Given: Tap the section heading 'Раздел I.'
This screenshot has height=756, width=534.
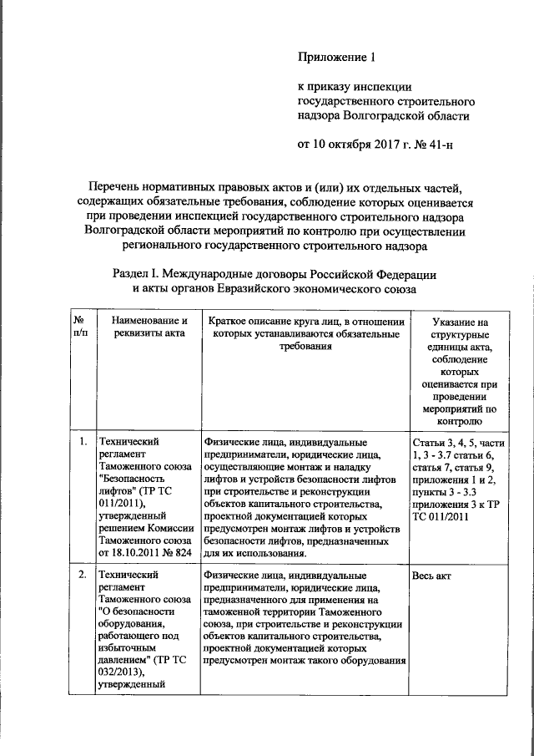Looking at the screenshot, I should click(x=138, y=274).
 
